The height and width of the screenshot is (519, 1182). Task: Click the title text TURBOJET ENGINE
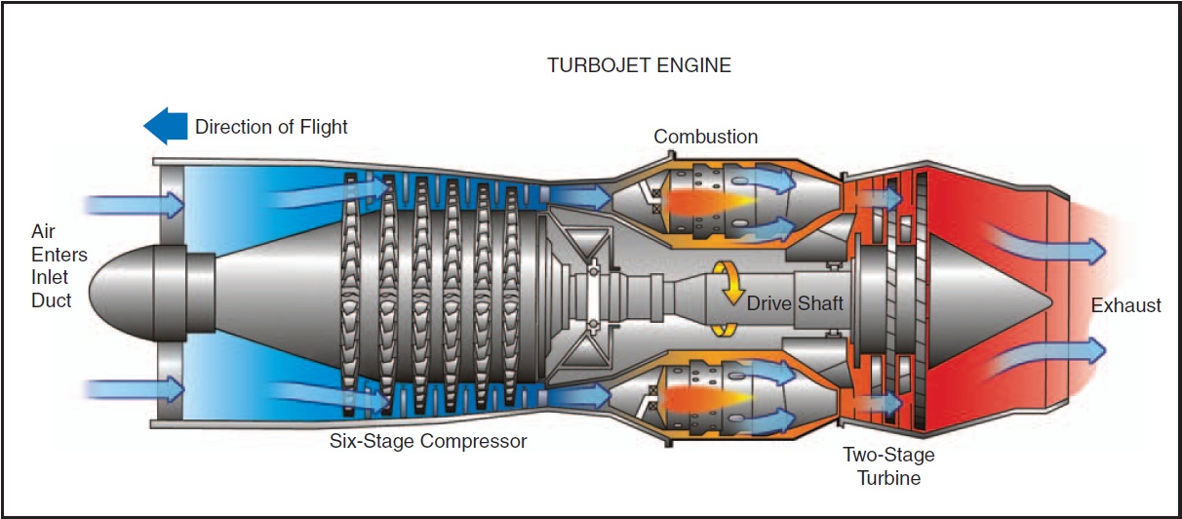(x=639, y=66)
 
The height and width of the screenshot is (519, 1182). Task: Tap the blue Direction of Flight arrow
(x=165, y=126)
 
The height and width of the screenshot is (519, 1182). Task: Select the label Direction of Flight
(x=271, y=127)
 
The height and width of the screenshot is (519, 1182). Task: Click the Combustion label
(x=705, y=137)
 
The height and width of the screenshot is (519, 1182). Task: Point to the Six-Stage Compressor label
(x=428, y=441)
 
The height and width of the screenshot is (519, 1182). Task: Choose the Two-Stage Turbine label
(x=888, y=466)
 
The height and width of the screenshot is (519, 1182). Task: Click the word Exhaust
(x=1125, y=305)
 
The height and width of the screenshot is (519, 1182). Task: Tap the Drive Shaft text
(x=795, y=303)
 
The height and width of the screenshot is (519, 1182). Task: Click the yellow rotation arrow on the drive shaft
(x=727, y=298)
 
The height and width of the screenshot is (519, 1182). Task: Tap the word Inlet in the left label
(x=51, y=278)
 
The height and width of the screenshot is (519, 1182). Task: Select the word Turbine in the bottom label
(x=888, y=478)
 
